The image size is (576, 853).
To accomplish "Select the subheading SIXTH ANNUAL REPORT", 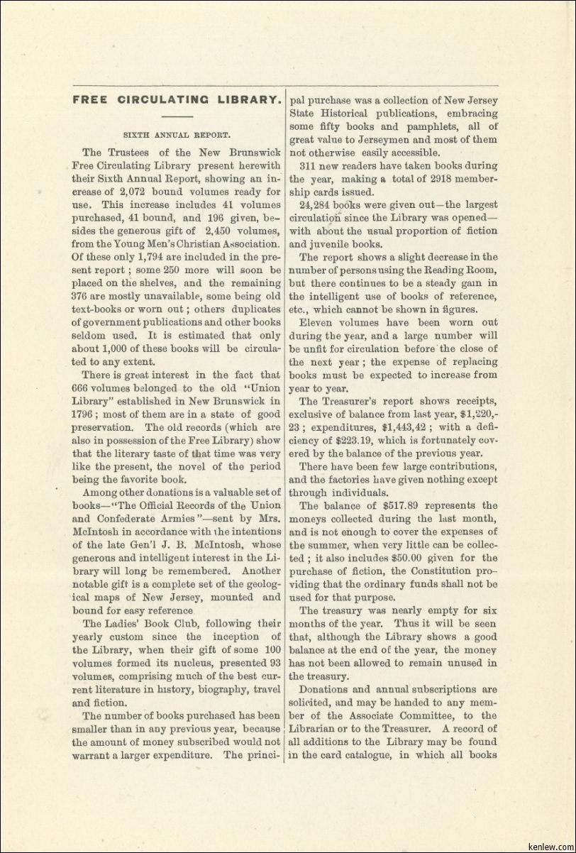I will coord(177,133).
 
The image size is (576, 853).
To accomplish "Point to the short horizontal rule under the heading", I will coord(177,116).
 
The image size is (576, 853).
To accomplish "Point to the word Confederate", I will coord(122,518).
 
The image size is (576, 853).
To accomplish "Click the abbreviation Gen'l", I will coord(152,544).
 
